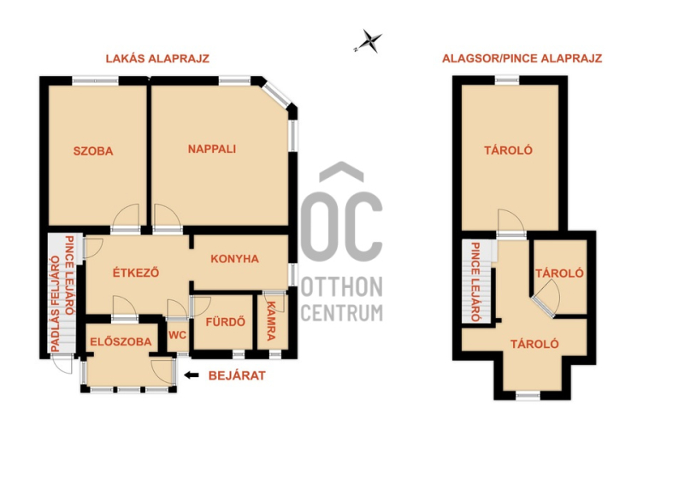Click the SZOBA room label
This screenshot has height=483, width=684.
(x=93, y=151)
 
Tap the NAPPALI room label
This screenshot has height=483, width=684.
(x=212, y=150)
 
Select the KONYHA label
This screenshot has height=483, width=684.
(x=234, y=259)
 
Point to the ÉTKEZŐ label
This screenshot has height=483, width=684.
(x=136, y=272)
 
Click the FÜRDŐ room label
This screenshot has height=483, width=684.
(x=225, y=321)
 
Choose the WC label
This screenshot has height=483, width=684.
(x=177, y=335)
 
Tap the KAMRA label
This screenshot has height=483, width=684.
(x=271, y=321)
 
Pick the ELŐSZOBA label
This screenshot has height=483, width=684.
(x=121, y=342)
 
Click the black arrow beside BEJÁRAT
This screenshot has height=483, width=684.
(x=192, y=374)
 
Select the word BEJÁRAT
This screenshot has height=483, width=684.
(x=237, y=375)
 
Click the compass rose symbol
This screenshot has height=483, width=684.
(x=369, y=41)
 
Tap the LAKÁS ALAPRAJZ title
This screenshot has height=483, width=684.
(x=157, y=58)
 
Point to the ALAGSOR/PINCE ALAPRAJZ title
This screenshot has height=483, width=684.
(x=522, y=58)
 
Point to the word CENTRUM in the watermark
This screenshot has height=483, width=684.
(x=342, y=312)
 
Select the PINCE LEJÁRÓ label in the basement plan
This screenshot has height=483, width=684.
(x=475, y=282)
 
